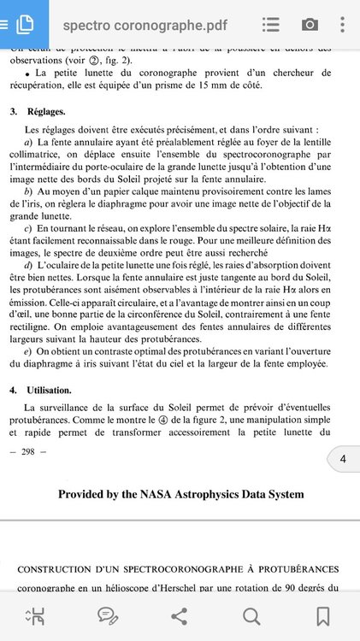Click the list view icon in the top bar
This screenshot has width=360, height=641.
[x=271, y=25]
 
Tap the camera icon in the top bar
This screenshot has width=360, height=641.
[x=310, y=25]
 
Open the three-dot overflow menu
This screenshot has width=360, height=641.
[x=345, y=25]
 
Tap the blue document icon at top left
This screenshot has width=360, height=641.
[x=23, y=23]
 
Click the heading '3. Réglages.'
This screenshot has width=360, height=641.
[x=39, y=112]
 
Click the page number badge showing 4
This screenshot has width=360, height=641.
[x=343, y=460]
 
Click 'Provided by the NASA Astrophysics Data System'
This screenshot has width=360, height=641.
[x=180, y=494]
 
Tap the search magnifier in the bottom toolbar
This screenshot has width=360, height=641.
[x=251, y=615]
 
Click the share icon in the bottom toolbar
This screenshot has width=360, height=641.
[x=180, y=615]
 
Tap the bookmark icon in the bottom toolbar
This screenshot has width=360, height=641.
[x=323, y=615]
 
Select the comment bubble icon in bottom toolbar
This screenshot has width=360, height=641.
[x=108, y=615]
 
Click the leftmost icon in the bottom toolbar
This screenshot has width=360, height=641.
[x=36, y=615]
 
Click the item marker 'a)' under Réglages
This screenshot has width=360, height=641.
[x=29, y=141]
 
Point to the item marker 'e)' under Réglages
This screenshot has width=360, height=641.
[x=29, y=352]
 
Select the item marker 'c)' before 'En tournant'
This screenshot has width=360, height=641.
[x=29, y=228]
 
